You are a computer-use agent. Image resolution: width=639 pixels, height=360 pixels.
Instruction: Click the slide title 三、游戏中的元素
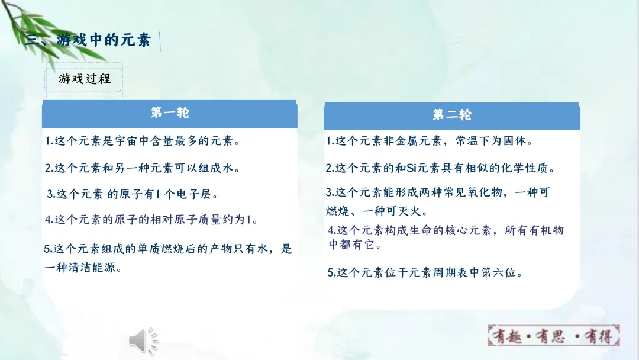[89, 40]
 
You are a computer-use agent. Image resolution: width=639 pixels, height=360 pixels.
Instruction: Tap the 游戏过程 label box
[84, 79]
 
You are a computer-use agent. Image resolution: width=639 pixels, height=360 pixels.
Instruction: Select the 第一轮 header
[170, 112]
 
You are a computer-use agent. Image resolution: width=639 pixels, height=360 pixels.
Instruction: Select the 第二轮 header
[451, 115]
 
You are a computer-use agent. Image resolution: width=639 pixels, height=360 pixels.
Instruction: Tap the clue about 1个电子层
[133, 194]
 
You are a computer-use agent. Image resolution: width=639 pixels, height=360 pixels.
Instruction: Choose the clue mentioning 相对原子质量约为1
[151, 220]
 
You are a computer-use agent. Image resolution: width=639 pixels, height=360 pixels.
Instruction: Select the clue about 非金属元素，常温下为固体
[430, 142]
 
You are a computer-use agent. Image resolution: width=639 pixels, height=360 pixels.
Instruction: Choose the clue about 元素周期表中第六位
[425, 273]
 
